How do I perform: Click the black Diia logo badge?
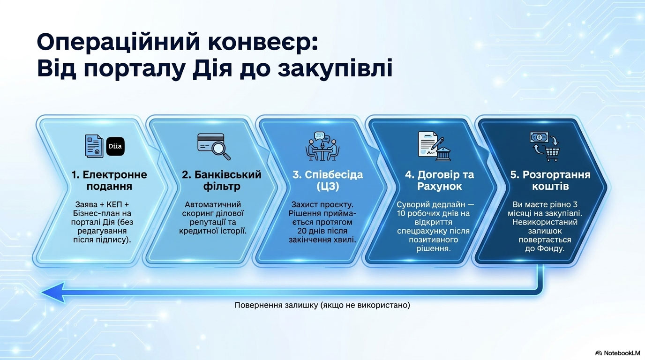(115, 146)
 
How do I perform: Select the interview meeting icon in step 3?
(322, 146)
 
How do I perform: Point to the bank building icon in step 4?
(443, 153)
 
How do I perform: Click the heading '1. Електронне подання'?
(109, 180)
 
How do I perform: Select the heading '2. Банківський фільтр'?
(221, 180)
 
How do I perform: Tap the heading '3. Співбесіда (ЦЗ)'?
(328, 180)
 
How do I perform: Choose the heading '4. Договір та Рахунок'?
(439, 180)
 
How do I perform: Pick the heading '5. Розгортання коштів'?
(550, 180)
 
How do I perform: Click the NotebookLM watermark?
(618, 353)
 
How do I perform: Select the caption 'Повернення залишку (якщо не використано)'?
(322, 305)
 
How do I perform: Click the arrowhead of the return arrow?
(53, 292)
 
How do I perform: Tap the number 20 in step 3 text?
(302, 231)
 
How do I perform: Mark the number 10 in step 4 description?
(401, 213)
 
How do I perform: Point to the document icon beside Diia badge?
(94, 146)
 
